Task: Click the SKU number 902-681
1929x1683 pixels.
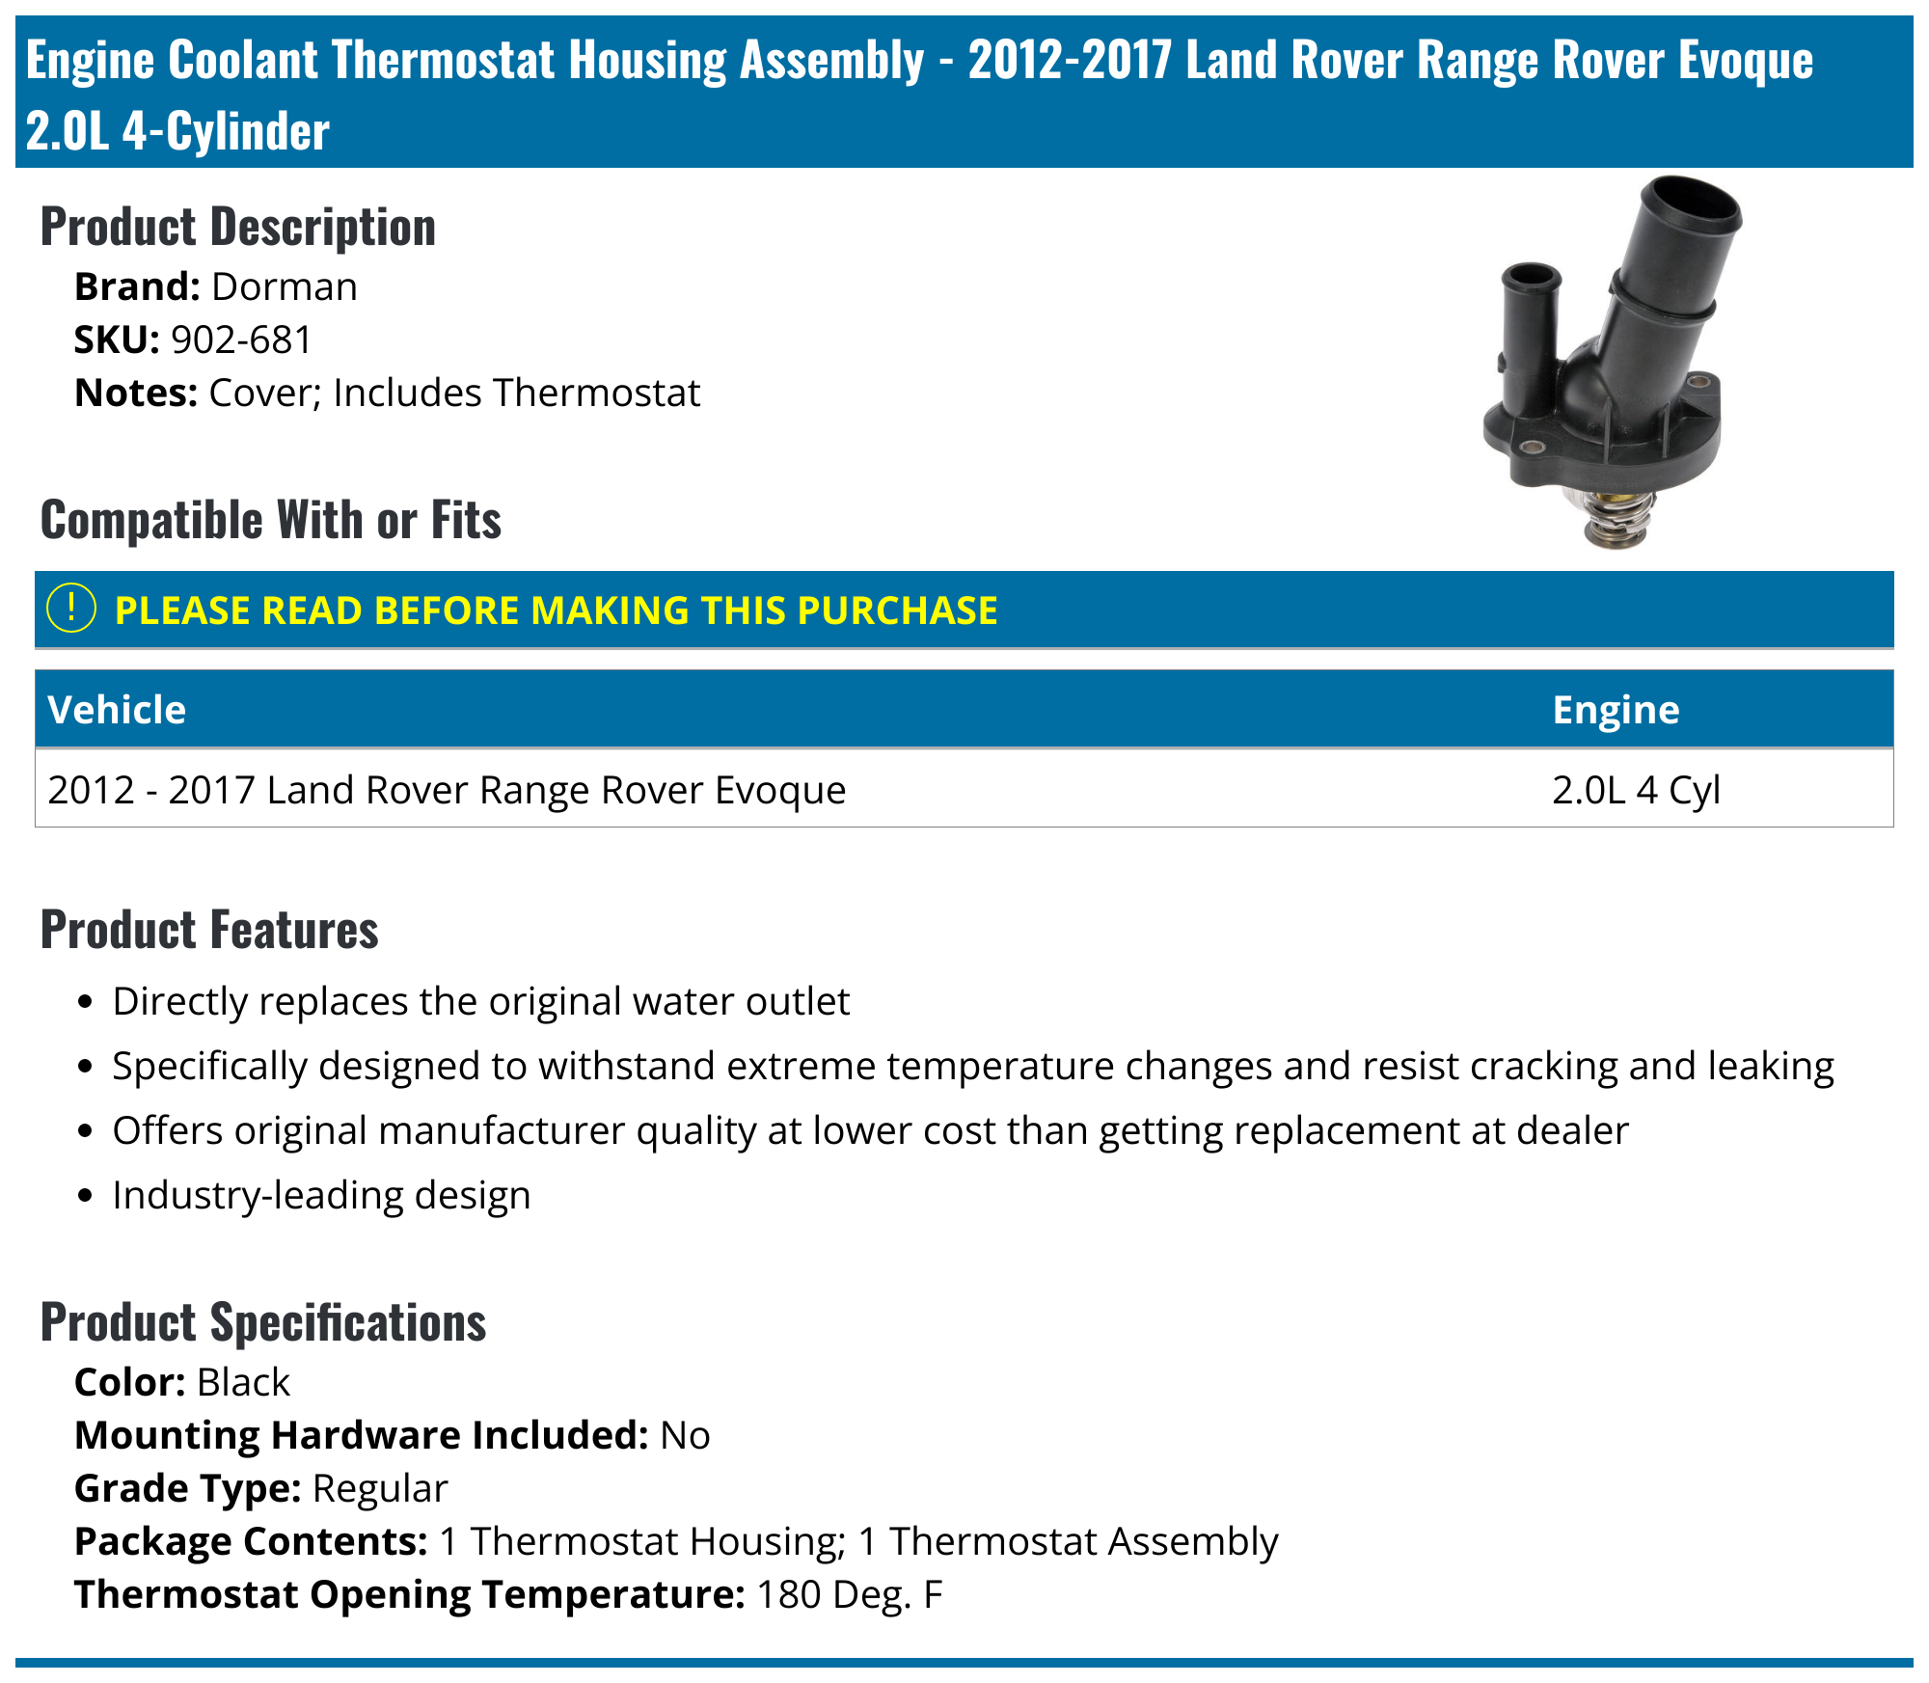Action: pyautogui.click(x=241, y=339)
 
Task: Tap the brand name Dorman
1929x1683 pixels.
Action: pyautogui.click(x=284, y=286)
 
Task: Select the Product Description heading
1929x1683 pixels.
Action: pyautogui.click(x=237, y=228)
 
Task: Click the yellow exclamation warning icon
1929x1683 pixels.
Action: pyautogui.click(x=70, y=609)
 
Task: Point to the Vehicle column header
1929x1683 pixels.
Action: pyautogui.click(x=117, y=710)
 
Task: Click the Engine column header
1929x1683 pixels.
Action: pyautogui.click(x=1616, y=710)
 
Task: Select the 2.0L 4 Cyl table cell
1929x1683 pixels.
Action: pyautogui.click(x=1636, y=790)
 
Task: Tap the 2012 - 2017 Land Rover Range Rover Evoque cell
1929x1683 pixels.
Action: pyautogui.click(x=447, y=790)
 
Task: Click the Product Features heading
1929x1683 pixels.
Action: pyautogui.click(x=209, y=930)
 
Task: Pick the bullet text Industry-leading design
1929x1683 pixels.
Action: pyautogui.click(x=321, y=1195)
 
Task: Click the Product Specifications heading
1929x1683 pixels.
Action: pyautogui.click(x=262, y=1322)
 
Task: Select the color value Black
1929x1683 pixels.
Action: pyautogui.click(x=243, y=1382)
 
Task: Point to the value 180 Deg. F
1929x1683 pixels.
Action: pyautogui.click(x=849, y=1594)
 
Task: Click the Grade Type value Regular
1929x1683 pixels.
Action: pyautogui.click(x=380, y=1488)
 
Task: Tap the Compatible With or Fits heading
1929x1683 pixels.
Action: pyautogui.click(x=270, y=520)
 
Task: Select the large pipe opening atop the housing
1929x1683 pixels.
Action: pyautogui.click(x=1691, y=205)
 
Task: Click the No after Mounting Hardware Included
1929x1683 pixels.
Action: pyautogui.click(x=685, y=1435)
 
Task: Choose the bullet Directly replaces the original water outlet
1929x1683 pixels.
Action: pyautogui.click(x=480, y=1001)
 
